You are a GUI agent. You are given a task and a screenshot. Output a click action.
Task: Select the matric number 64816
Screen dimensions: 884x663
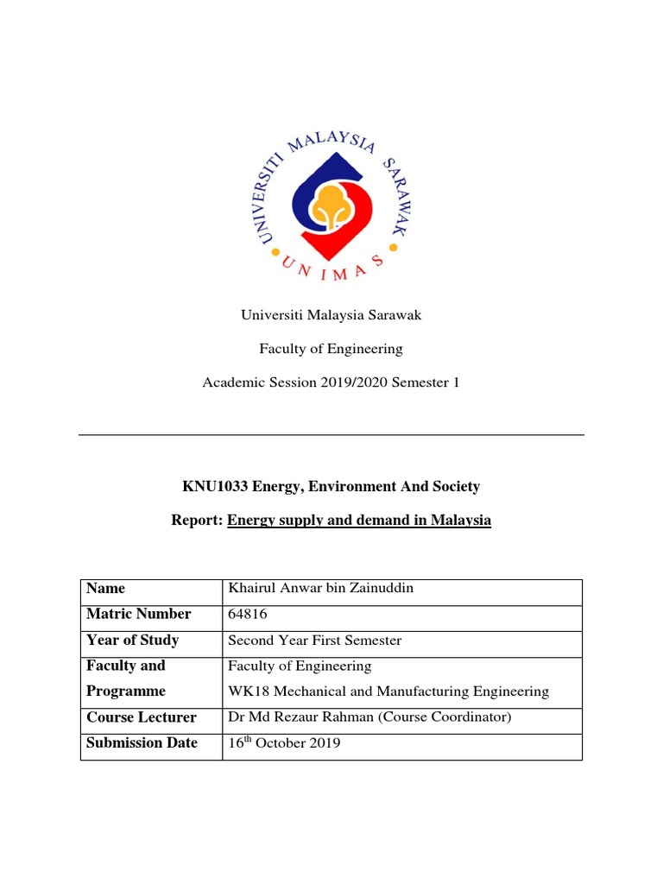point(245,615)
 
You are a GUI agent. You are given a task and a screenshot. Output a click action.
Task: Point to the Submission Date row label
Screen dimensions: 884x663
point(142,742)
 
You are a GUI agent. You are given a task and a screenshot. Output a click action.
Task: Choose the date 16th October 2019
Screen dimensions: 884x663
point(283,743)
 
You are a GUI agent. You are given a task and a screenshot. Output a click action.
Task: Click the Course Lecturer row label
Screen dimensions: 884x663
point(142,717)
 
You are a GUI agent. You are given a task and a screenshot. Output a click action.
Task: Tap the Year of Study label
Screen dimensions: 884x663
point(132,641)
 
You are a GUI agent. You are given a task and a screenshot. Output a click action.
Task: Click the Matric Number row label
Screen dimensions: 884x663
point(138,615)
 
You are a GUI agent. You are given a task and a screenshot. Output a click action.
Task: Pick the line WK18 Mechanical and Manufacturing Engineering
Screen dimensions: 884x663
point(388,691)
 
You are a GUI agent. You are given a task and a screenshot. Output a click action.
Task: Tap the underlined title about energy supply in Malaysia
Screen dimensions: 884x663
point(359,521)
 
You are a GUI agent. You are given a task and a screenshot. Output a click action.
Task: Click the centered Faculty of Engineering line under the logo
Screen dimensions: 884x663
point(331,349)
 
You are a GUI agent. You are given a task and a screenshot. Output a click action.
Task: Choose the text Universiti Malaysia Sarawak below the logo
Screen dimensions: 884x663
point(331,315)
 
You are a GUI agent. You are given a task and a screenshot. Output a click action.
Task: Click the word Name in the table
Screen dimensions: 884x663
point(105,589)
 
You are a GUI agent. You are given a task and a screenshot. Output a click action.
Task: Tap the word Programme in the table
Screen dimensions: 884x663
point(125,691)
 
